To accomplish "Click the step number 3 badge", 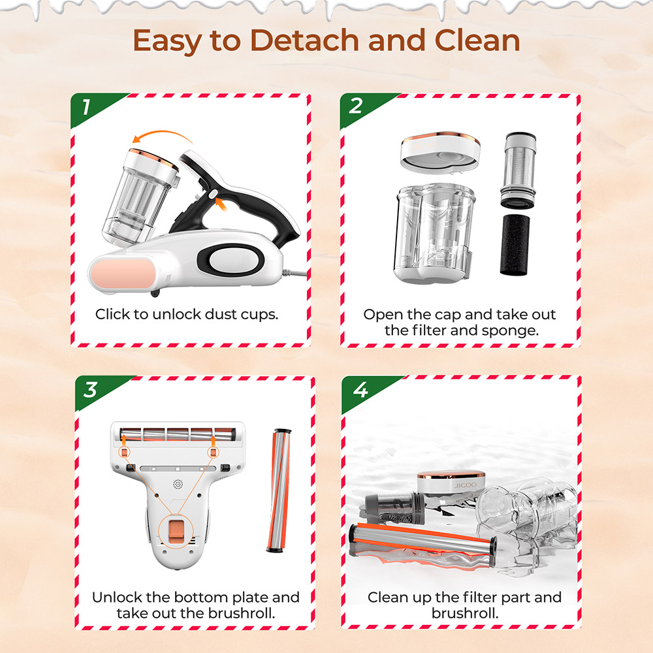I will tap(90, 390).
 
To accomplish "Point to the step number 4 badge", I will tap(360, 390).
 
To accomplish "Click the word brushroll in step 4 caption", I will tap(464, 614).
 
